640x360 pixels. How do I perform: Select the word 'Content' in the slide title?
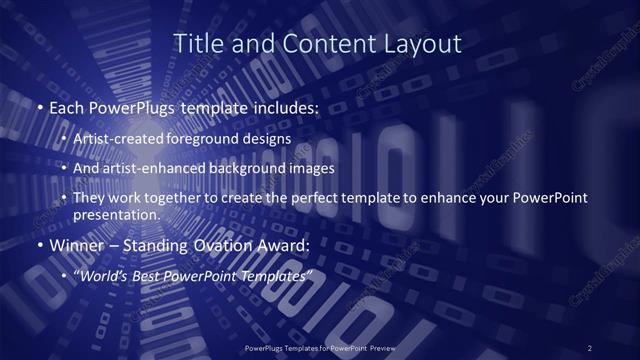pyautogui.click(x=316, y=44)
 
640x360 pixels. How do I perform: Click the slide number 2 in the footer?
pyautogui.click(x=589, y=348)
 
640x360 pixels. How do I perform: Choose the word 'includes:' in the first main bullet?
pyautogui.click(x=284, y=107)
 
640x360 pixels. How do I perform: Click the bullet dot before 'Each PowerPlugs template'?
pyautogui.click(x=39, y=107)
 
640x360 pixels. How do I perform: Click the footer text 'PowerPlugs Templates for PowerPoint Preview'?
pyautogui.click(x=320, y=348)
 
